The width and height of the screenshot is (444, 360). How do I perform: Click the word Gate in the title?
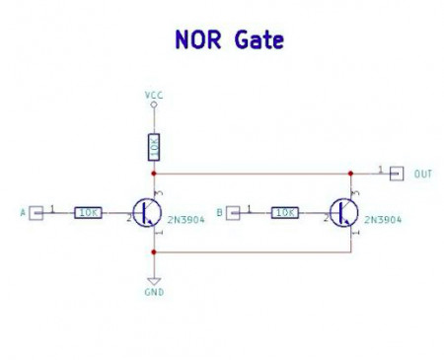point(259,40)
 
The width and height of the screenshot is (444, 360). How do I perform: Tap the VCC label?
point(154,95)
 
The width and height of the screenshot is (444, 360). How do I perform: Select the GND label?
point(154,293)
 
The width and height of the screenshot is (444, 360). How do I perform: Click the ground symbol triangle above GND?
point(154,280)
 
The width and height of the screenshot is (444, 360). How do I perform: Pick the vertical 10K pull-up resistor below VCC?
point(154,147)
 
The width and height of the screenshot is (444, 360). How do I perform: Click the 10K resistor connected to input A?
point(88,212)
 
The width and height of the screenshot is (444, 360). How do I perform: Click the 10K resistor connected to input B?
point(285,212)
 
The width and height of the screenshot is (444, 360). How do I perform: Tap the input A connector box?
point(36,212)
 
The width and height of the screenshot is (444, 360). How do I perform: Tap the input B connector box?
point(234,212)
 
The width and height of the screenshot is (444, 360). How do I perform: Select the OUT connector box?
point(397,174)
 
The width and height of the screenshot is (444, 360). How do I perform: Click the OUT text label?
point(423,175)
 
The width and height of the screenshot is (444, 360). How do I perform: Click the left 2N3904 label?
point(185,220)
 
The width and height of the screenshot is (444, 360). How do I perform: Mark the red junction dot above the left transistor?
point(154,174)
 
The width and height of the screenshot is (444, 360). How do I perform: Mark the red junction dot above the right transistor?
point(351,174)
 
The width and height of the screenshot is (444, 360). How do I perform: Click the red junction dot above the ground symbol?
point(154,252)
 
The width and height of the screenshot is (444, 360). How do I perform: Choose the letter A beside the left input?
point(22,212)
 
